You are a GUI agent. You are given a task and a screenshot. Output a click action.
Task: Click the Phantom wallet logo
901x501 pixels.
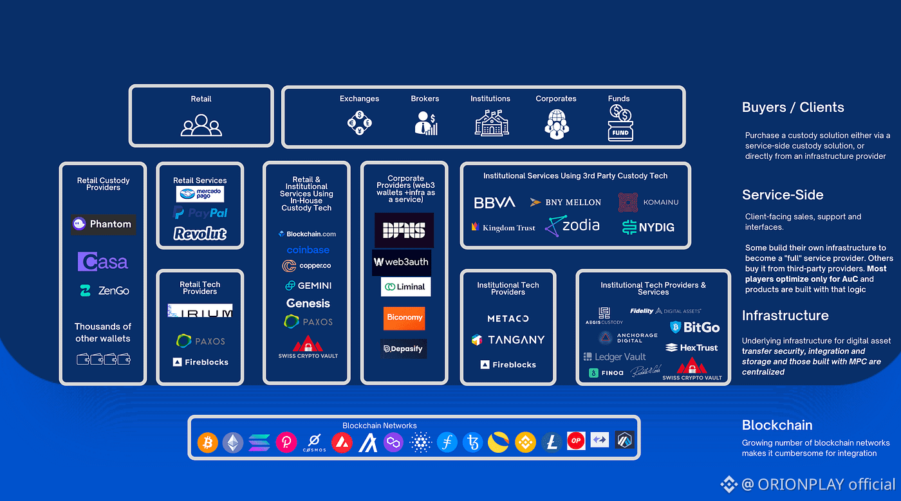(103, 224)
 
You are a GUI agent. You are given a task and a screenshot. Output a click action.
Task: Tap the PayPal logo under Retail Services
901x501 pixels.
(200, 213)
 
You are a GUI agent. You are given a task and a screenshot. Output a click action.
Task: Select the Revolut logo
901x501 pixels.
(200, 233)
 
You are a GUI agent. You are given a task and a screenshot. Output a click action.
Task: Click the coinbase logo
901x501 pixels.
(308, 250)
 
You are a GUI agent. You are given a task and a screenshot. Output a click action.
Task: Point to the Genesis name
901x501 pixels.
(308, 303)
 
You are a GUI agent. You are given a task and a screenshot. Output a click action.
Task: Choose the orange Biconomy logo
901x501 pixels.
(404, 318)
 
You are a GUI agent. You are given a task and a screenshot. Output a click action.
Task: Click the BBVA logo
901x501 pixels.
(494, 203)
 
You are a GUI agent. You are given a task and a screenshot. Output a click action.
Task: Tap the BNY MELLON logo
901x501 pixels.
(566, 202)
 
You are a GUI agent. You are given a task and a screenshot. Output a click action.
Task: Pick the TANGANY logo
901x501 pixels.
(508, 340)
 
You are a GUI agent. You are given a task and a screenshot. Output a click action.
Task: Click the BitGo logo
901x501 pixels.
(694, 327)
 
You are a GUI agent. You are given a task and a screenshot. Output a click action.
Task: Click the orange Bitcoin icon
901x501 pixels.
(208, 442)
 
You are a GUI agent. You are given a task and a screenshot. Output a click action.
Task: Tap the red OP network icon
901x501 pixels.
(576, 442)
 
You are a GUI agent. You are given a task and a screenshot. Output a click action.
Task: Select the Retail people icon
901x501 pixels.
(201, 125)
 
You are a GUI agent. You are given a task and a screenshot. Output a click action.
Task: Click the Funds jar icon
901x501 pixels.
(620, 125)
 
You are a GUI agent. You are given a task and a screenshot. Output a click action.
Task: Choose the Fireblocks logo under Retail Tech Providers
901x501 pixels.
(200, 362)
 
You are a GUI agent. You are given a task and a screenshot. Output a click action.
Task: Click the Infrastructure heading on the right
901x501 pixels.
(785, 316)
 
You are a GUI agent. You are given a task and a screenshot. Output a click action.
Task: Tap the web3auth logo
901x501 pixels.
(401, 262)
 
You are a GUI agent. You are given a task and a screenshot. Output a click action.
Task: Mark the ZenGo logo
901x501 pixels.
(104, 291)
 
